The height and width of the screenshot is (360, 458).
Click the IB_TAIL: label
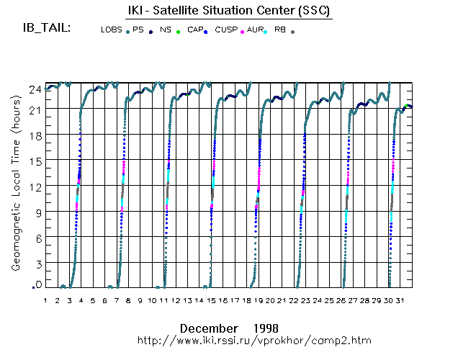(46, 28)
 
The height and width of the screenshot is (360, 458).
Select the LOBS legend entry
(112, 30)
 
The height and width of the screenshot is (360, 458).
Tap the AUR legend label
(254, 30)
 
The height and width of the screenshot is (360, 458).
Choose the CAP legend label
(194, 30)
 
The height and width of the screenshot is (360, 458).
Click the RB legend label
(280, 30)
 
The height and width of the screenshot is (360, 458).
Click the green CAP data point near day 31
(406, 106)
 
